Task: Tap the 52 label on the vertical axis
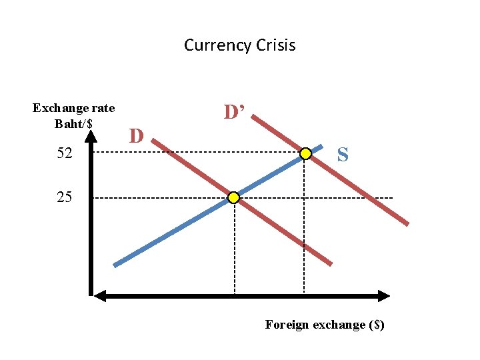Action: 65,154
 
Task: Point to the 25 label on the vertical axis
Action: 65,197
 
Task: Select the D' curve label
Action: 235,112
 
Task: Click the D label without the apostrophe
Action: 137,137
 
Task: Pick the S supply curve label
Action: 342,155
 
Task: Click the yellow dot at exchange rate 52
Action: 305,154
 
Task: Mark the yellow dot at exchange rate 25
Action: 233,198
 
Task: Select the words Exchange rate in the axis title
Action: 73,108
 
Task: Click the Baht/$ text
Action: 74,123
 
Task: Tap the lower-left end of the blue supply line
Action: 115,265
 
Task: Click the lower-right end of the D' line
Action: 407,224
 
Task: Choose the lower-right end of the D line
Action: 329,263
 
